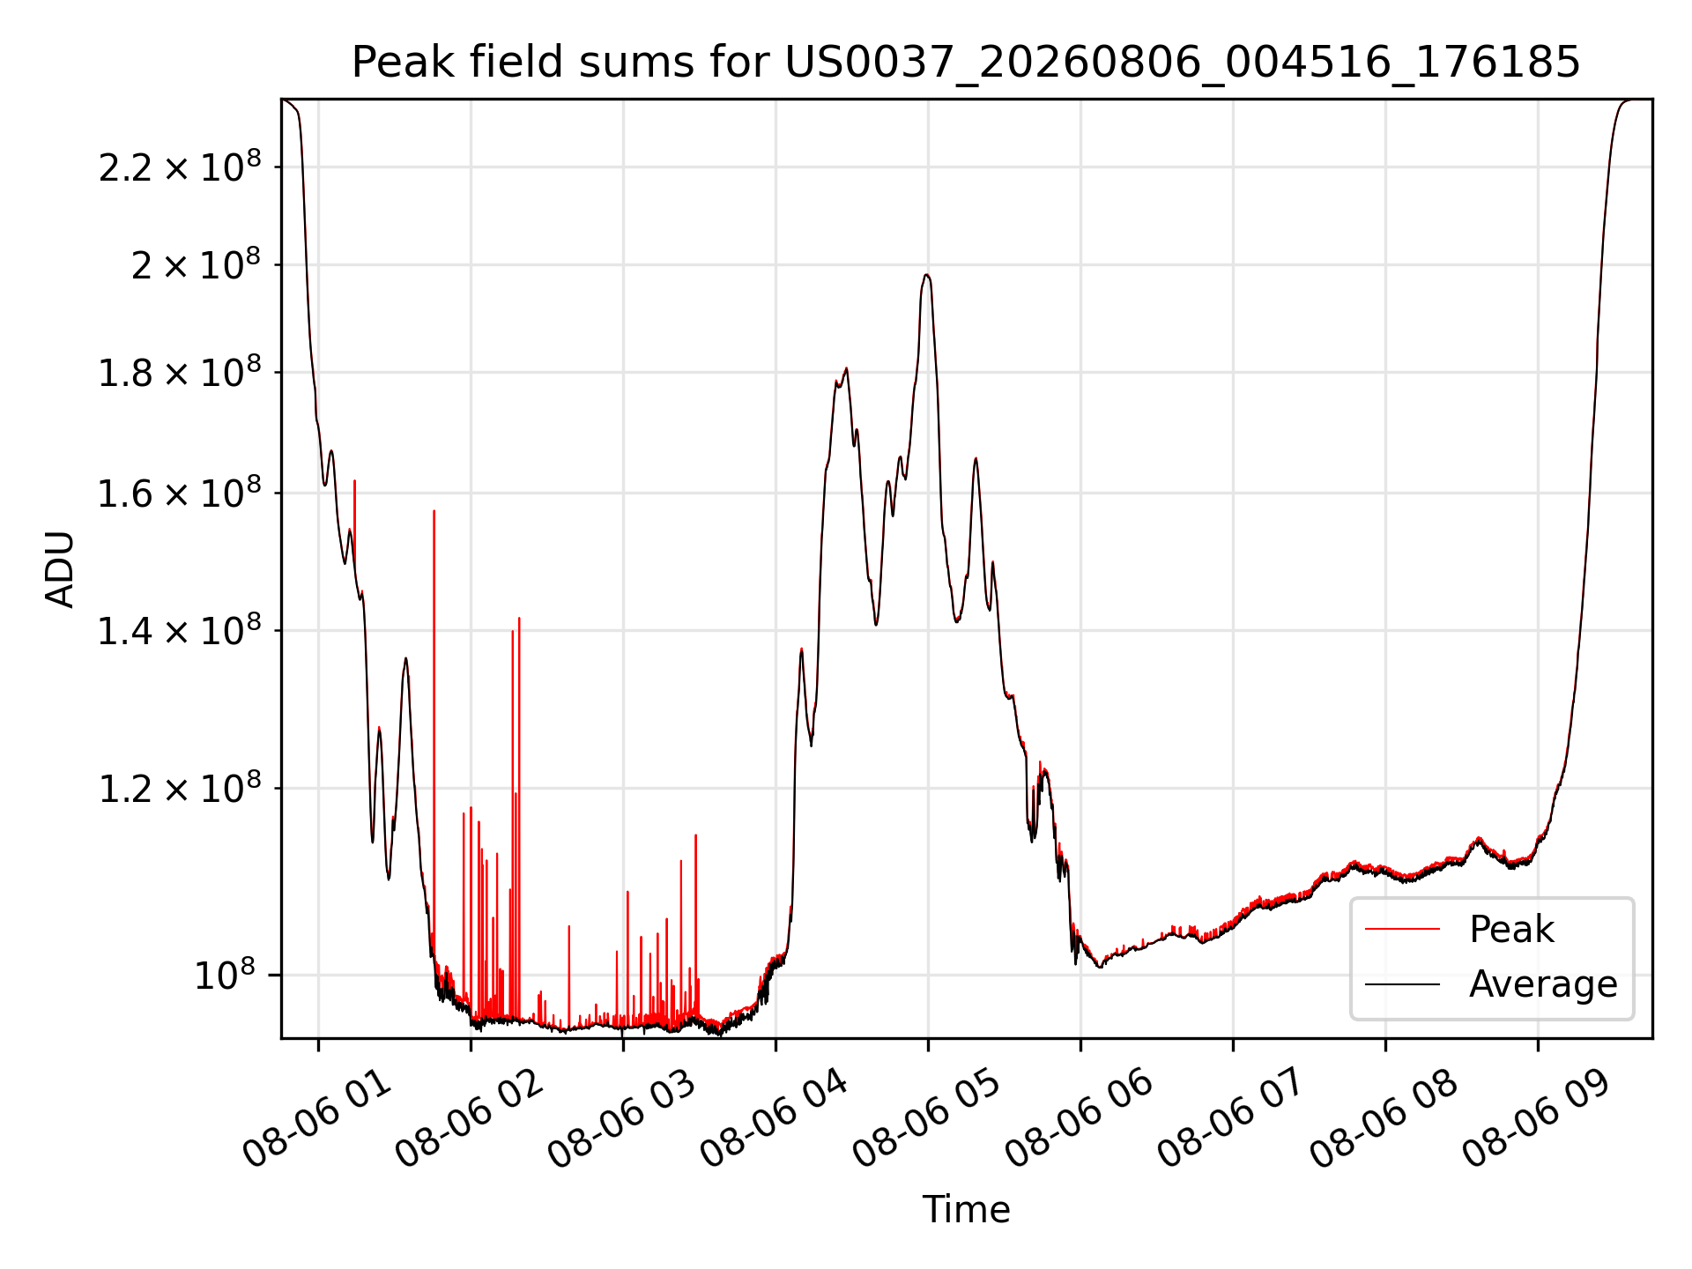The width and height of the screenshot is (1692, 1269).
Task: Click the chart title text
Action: pos(966,63)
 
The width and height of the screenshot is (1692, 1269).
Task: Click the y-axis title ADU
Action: pos(60,569)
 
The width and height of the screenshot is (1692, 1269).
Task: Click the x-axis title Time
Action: pos(966,1209)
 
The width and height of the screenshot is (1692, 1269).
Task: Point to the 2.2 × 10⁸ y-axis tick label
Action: pos(180,167)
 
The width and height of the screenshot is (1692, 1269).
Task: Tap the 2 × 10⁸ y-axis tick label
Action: pos(196,265)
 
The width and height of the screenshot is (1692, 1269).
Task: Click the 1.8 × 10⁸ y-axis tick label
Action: pos(180,373)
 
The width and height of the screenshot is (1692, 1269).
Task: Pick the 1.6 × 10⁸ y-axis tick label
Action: pos(180,493)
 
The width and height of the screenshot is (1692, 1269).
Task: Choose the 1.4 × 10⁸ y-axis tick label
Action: pos(180,631)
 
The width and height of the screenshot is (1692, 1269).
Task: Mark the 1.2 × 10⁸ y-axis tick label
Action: pos(180,789)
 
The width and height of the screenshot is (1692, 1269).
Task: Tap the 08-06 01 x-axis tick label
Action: pos(316,1119)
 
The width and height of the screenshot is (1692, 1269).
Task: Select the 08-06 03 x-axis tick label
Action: pos(621,1119)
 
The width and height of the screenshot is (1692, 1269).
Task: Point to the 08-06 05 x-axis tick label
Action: pos(926,1119)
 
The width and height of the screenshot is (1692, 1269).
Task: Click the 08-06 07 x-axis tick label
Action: pos(1231,1119)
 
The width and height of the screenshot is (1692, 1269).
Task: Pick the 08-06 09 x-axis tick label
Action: pos(1536,1119)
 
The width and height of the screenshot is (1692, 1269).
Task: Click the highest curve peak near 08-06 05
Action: pos(926,275)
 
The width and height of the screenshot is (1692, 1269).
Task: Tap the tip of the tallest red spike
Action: pos(354,480)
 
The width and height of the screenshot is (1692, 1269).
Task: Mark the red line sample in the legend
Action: pos(1402,930)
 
